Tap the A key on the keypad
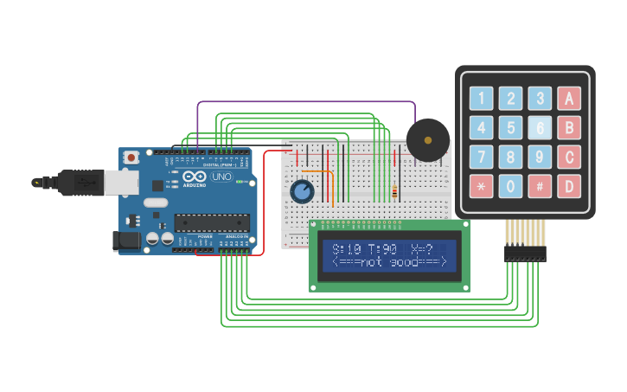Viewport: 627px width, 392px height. click(x=569, y=99)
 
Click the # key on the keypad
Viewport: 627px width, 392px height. click(x=540, y=186)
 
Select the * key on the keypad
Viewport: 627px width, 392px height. click(x=482, y=186)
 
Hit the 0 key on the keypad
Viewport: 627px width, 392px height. click(x=511, y=186)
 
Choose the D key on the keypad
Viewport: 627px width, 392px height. click(x=569, y=186)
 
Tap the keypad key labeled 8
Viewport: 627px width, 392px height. click(x=511, y=157)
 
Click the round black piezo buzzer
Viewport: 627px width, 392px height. click(x=427, y=140)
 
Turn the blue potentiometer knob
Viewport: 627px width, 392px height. click(x=302, y=190)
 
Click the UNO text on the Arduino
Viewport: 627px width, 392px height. click(x=222, y=177)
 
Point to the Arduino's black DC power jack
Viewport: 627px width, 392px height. click(x=126, y=241)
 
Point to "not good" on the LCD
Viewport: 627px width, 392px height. click(x=389, y=262)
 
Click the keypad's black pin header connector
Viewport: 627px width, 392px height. click(x=525, y=254)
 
